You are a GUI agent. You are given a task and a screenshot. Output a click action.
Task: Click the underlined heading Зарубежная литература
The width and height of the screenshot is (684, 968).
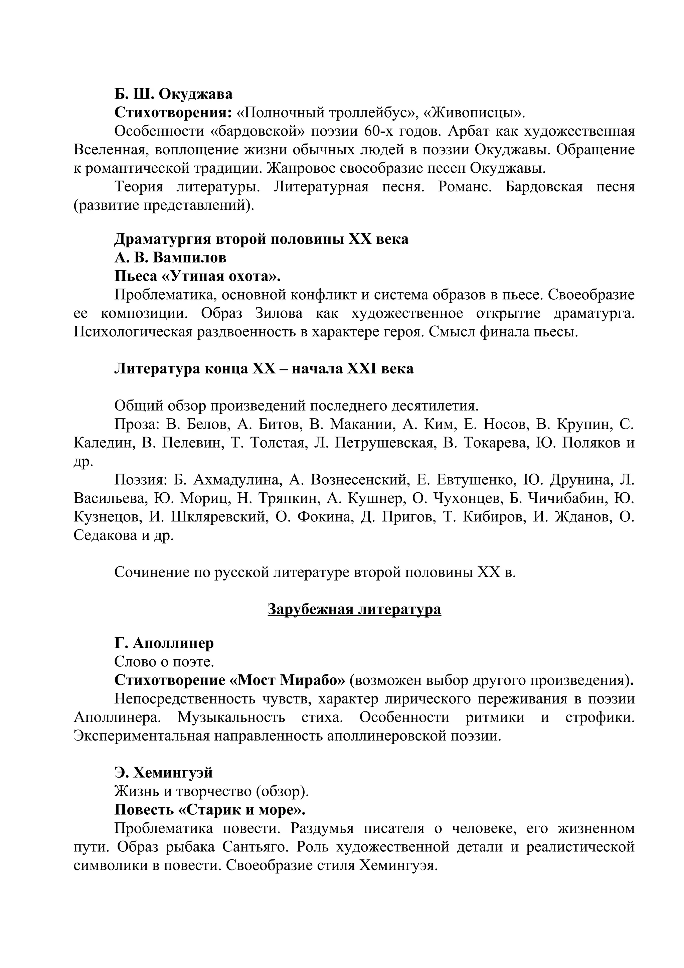coord(354,609)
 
